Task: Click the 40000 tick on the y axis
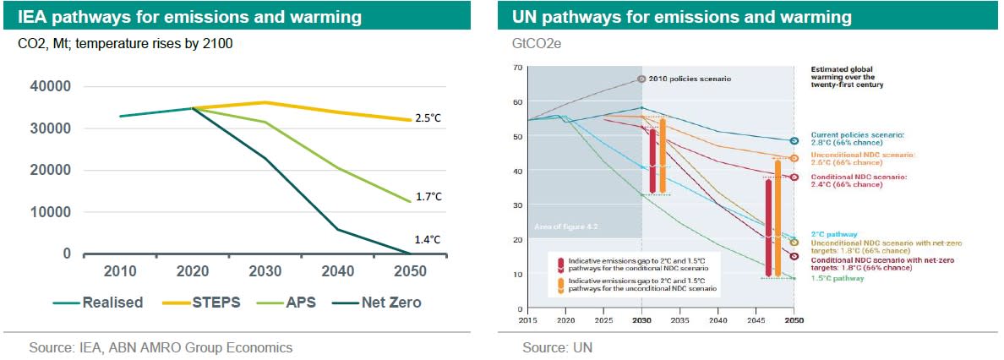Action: (52, 87)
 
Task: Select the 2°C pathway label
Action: (834, 234)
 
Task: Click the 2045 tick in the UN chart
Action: (756, 321)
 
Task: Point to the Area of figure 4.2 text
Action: (561, 226)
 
